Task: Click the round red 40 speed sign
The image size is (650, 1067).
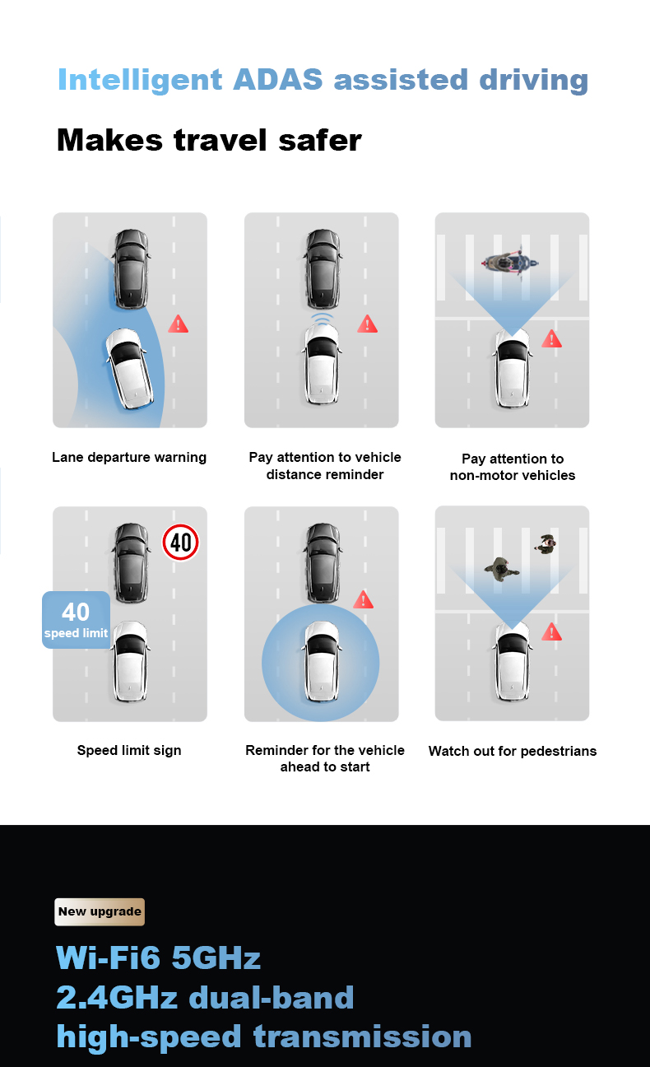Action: [180, 542]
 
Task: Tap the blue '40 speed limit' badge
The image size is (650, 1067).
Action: [77, 620]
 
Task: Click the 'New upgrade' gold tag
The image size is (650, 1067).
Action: [100, 911]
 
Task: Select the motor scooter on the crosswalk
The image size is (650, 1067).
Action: [510, 263]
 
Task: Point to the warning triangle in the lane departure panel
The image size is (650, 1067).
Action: [178, 324]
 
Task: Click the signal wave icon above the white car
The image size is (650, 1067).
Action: [323, 318]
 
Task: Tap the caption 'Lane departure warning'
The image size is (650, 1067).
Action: [129, 457]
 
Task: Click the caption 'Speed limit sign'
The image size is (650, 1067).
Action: [129, 750]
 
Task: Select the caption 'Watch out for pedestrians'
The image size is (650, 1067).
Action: [513, 751]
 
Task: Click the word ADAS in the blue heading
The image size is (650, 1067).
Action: [277, 79]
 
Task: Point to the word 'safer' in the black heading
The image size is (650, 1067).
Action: [320, 141]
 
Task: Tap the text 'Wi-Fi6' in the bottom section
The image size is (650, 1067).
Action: [109, 958]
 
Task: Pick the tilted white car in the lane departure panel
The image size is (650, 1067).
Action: [129, 368]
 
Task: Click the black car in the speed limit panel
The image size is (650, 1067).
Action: [131, 562]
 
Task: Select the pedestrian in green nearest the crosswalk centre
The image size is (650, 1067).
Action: [500, 569]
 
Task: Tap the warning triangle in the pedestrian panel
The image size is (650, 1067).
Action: [551, 631]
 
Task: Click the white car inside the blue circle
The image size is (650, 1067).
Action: [322, 661]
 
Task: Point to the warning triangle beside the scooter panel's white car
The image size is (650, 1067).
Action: [551, 338]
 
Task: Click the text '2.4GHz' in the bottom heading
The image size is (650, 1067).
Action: [117, 998]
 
